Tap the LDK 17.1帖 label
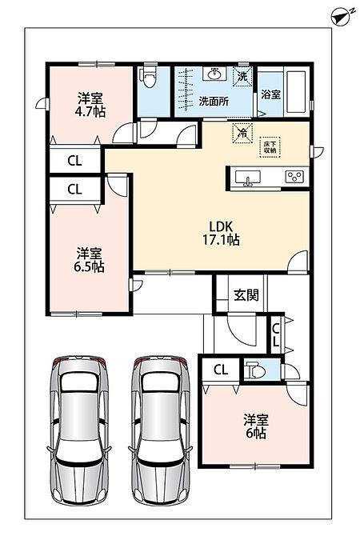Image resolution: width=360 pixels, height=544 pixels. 221,233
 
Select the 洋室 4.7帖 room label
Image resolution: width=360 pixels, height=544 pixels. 90,105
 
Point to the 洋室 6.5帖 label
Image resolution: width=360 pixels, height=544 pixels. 89,260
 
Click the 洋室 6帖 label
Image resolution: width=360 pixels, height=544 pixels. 256,426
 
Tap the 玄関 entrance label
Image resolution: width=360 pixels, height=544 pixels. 246,295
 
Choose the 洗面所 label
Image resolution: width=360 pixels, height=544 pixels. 214,102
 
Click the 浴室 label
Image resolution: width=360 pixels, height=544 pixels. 271,94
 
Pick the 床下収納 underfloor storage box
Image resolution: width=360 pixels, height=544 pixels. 270,147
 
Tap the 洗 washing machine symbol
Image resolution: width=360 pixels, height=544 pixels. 242,76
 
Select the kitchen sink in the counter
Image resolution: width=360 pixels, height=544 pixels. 248,178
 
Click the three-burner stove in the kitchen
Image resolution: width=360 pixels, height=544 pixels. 294,177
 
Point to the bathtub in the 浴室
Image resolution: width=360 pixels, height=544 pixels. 296,91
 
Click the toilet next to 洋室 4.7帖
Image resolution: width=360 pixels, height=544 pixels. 150,77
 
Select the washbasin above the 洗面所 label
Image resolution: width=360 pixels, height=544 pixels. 214,74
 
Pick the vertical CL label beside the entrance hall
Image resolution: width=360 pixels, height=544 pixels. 276,335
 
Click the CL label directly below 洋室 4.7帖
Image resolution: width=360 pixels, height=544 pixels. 74,161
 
